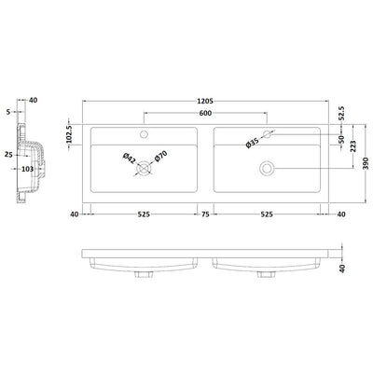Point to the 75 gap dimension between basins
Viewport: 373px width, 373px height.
205,213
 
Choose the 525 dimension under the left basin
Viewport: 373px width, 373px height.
144,213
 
